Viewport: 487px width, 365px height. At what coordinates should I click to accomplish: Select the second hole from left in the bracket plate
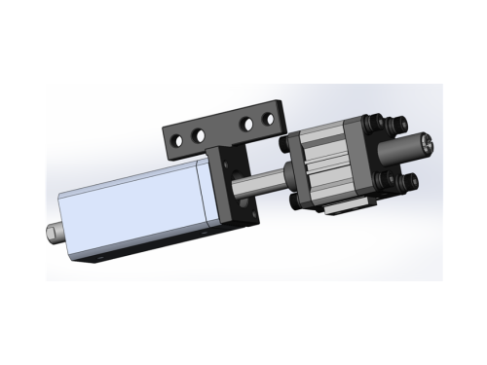(200, 130)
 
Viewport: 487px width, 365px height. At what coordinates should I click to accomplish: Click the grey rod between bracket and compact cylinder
(263, 180)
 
